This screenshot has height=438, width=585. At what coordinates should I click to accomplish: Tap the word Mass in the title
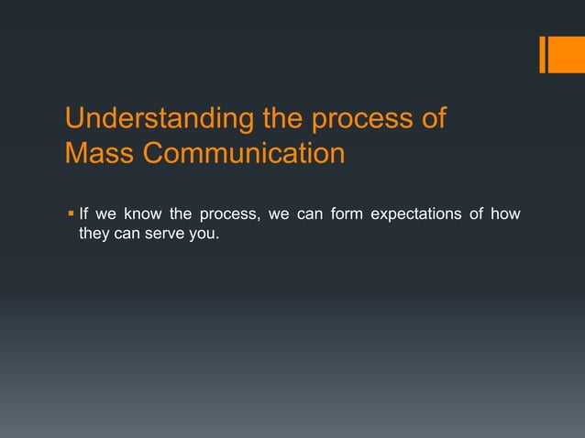[99, 152]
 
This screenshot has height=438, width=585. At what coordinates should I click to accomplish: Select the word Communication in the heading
[244, 152]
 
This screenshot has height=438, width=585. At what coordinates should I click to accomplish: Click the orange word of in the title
[435, 118]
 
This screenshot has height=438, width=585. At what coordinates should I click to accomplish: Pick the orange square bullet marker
[71, 214]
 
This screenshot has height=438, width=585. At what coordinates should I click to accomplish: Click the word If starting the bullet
[83, 214]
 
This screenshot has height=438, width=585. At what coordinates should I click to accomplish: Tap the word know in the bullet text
[143, 214]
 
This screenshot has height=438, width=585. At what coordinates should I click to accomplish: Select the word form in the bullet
[347, 214]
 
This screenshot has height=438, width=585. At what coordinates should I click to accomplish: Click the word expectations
[416, 214]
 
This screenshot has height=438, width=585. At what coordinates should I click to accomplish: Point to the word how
[505, 214]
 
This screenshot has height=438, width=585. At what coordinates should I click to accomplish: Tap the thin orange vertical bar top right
[543, 55]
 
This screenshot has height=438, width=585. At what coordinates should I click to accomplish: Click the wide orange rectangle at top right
[567, 55]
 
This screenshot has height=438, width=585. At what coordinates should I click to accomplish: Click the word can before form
[310, 214]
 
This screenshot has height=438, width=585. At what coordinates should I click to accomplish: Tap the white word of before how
[477, 214]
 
